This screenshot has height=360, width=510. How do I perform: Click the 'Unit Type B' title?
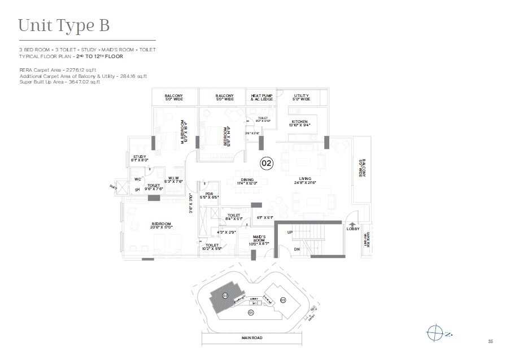pos(63,25)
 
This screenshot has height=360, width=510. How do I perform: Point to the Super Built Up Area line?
pos(59,82)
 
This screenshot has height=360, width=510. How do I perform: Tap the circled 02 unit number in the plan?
pos(267,163)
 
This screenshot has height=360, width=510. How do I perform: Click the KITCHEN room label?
pos(299,122)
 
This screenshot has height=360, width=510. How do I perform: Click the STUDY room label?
pos(140,157)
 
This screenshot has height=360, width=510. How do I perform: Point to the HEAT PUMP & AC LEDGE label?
pos(262,98)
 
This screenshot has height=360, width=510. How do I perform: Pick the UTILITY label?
pos(302,96)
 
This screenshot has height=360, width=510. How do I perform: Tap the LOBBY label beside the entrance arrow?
pos(352,229)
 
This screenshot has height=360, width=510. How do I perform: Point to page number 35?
pos(490,341)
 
